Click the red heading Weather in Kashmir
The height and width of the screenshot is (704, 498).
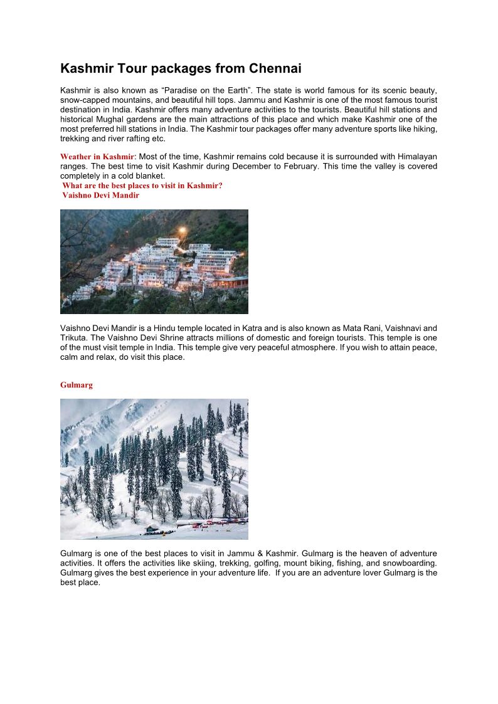coord(97,156)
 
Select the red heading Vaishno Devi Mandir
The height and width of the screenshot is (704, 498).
coord(100,195)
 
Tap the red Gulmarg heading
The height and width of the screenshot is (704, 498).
coord(77,385)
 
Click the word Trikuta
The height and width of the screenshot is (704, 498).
coord(73,337)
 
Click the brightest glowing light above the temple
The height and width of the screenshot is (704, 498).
coord(182,230)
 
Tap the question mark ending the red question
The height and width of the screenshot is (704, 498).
coord(220,186)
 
